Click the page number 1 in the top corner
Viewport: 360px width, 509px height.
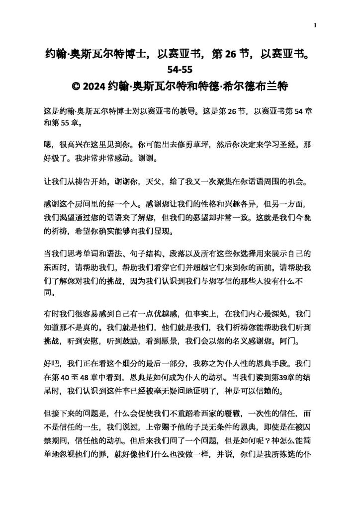click(x=316, y=24)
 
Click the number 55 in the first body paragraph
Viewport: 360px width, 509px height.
click(x=60, y=121)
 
